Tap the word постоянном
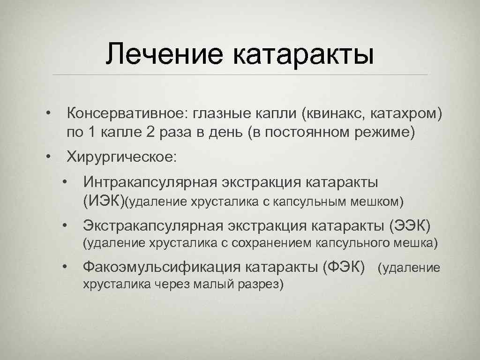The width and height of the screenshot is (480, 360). pos(306,133)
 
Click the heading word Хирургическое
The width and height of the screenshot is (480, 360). pos(122,157)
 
